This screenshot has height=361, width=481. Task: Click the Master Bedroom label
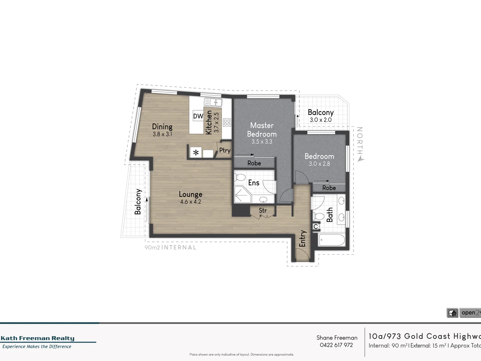[x=262, y=130]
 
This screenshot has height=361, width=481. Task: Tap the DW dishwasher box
[x=198, y=116]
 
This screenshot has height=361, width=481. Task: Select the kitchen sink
[x=213, y=102]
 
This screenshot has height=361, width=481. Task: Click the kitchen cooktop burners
[x=227, y=122]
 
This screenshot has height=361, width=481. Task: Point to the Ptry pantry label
[x=225, y=150]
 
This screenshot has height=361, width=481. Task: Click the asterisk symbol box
[x=196, y=153]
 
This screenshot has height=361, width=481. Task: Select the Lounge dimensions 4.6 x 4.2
[x=190, y=202]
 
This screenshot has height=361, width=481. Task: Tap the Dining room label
[x=162, y=127]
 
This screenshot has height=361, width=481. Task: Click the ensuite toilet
[x=239, y=177]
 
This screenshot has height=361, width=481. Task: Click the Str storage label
[x=263, y=211]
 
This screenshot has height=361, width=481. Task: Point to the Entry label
[x=303, y=238]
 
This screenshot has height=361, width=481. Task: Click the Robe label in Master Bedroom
[x=254, y=163]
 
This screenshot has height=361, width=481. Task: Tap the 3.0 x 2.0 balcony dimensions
[x=321, y=120]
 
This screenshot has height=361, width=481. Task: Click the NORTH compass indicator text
[x=360, y=141]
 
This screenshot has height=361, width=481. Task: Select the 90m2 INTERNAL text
[x=170, y=247]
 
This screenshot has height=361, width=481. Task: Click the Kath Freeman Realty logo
[x=38, y=338]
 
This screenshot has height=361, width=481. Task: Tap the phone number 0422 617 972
[x=336, y=345]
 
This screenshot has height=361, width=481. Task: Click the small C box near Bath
[x=316, y=227]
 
